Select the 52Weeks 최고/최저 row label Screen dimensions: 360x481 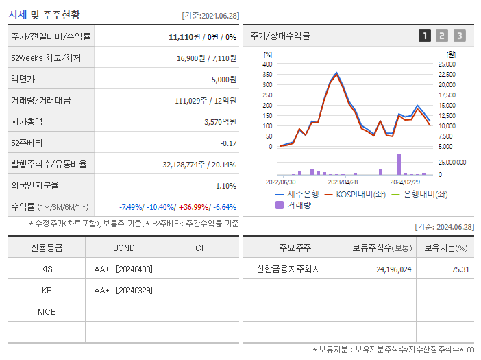46,58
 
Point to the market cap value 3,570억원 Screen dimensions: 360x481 220,122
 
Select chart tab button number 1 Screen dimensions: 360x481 425,36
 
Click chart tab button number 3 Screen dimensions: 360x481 459,36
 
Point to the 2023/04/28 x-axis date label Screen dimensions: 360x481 343,182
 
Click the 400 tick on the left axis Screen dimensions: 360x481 267,64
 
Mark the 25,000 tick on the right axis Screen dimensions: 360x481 446,64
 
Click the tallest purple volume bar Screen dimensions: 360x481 399,165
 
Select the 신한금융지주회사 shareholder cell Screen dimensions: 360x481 288,269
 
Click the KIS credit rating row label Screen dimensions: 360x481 47,269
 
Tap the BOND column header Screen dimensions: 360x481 123,248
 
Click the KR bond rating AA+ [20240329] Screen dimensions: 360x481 123,291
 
